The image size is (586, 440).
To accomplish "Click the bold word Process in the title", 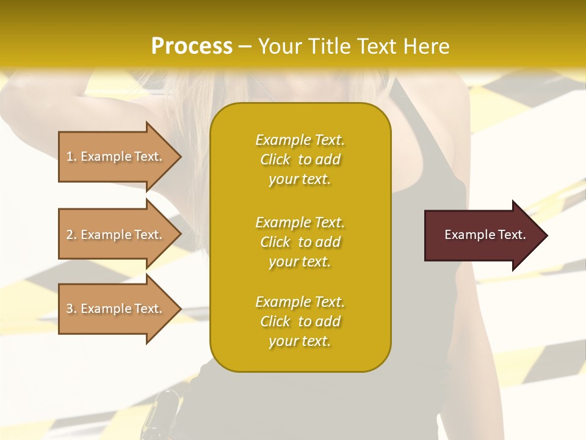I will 192,46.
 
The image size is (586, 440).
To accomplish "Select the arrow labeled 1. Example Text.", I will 116,156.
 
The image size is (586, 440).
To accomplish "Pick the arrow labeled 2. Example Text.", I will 116,235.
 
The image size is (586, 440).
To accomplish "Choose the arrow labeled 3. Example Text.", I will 116,309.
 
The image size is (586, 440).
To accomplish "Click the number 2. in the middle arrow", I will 71,235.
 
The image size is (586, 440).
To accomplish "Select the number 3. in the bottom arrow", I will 71,309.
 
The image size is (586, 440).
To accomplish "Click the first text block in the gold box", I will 300,159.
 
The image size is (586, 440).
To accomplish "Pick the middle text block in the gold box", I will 300,242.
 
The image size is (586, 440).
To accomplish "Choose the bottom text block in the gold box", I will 300,321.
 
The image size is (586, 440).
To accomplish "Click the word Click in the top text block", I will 275,159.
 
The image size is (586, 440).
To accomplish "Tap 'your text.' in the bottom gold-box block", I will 300,341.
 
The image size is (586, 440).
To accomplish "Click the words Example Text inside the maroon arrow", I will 485,235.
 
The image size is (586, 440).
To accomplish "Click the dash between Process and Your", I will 245,46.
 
